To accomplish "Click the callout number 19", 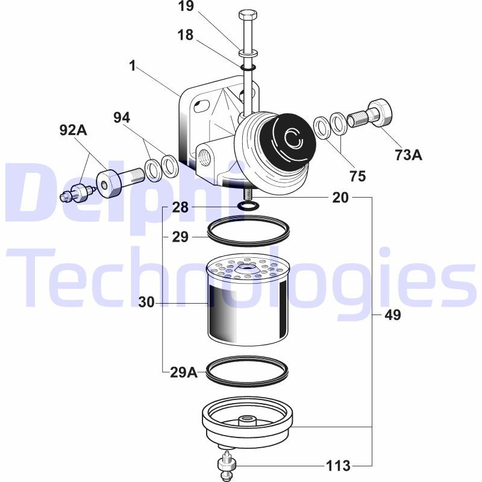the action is tap(186, 6).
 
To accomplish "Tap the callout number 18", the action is tap(186, 35).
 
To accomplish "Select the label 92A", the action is tap(73, 130).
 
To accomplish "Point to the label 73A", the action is tap(408, 155).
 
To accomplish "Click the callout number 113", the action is tap(338, 466).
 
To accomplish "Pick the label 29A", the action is tap(184, 372).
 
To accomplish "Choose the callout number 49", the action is tap(393, 315).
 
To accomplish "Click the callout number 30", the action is tap(146, 302).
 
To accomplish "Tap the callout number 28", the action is tap(180, 207).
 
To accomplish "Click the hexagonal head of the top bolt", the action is tap(248, 14).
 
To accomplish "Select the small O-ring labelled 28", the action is tap(248, 206).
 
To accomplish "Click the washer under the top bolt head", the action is tap(248, 54).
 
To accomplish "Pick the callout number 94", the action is tap(122, 117).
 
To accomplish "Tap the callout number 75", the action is tap(358, 176).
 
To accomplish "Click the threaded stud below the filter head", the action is tap(248, 194).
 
